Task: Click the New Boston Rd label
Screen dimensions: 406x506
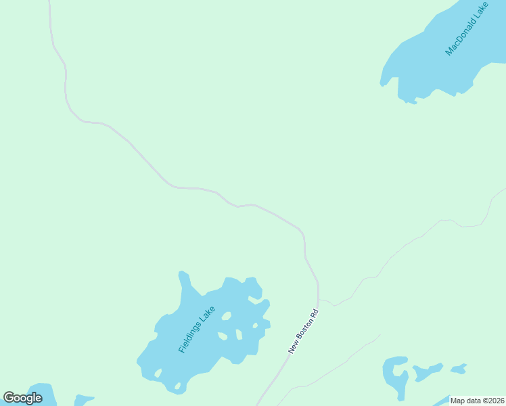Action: (x=302, y=332)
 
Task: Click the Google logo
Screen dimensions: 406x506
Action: (x=22, y=398)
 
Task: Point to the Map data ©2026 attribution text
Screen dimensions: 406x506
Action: (x=478, y=401)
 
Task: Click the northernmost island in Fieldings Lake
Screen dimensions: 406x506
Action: (x=226, y=316)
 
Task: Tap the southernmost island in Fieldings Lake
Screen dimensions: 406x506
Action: (x=178, y=386)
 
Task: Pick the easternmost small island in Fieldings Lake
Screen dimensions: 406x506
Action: (x=255, y=325)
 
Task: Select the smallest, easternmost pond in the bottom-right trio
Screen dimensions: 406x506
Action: (x=459, y=369)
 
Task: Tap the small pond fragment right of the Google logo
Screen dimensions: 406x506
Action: (x=83, y=400)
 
